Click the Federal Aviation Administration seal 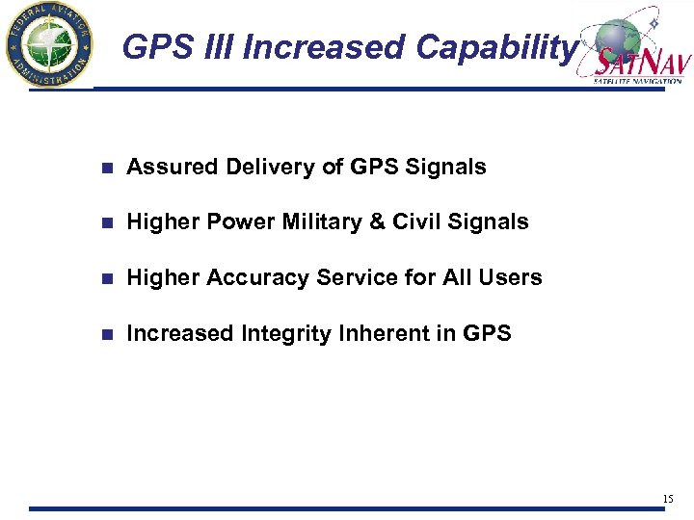[48, 44]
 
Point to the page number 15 [668, 499]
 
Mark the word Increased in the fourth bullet [179, 334]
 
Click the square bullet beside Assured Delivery [109, 168]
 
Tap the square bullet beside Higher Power [109, 223]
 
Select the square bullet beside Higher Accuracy [109, 279]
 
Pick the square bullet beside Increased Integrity [109, 335]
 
